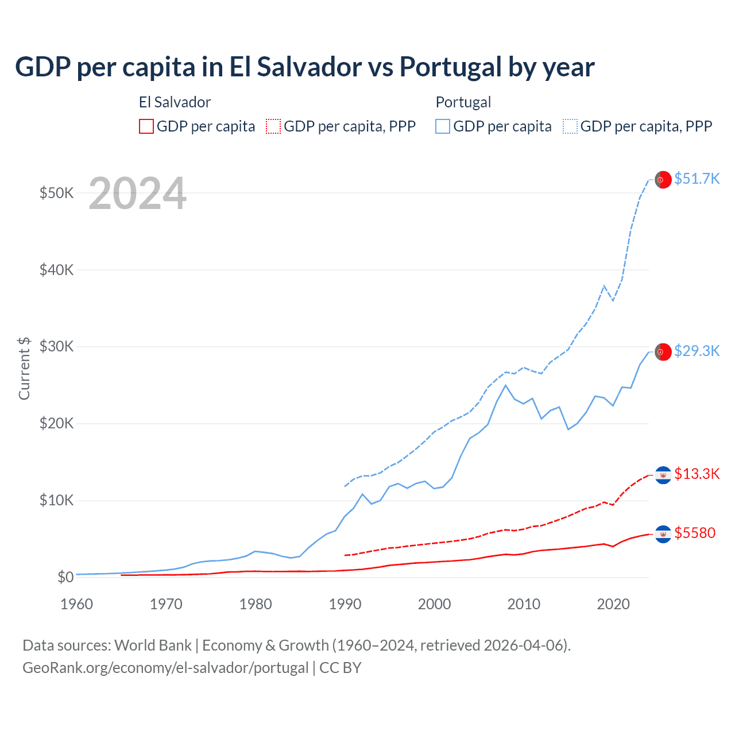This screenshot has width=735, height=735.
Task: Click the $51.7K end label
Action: click(x=697, y=179)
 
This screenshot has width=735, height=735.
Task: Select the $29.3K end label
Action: click(x=697, y=351)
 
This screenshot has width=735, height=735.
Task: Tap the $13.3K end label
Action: click(x=697, y=474)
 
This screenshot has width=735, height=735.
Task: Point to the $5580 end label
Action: click(x=695, y=533)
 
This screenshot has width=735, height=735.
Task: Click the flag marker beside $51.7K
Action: click(x=663, y=180)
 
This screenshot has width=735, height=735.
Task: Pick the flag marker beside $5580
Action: click(x=663, y=534)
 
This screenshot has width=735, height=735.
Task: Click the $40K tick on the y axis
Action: click(x=56, y=270)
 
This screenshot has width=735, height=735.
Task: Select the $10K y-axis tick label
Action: click(x=56, y=501)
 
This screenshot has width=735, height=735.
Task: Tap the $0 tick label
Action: click(x=65, y=577)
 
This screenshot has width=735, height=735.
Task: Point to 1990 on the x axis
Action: click(x=345, y=604)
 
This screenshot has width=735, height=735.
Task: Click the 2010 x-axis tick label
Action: click(x=524, y=604)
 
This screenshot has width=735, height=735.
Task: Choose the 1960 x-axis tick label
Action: click(x=77, y=604)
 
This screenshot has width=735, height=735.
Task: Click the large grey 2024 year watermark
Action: click(x=138, y=194)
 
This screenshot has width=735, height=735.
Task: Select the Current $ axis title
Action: click(x=24, y=368)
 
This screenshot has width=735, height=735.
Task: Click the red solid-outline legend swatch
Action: click(x=146, y=126)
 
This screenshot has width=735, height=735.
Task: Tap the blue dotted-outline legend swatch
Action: click(x=570, y=126)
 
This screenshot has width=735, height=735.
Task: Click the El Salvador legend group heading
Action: click(x=175, y=102)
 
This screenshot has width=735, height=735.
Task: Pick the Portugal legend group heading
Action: click(x=463, y=102)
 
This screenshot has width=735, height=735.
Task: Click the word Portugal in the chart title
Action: click(x=450, y=67)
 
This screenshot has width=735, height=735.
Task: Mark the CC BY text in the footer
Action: click(x=341, y=668)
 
